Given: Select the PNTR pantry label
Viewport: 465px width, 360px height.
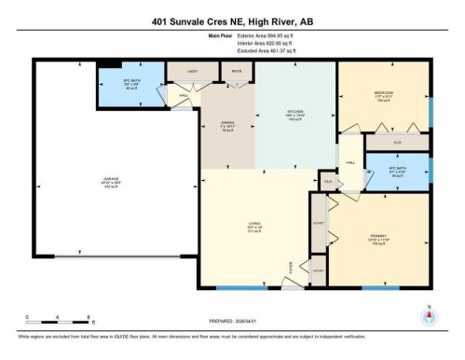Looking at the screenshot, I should pyautogui.click(x=236, y=70).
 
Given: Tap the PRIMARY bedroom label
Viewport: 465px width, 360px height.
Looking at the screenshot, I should pyautogui.click(x=378, y=236).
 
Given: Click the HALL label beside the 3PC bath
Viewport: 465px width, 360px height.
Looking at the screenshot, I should pyautogui.click(x=184, y=95).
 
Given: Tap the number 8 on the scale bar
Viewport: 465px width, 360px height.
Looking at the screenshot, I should pyautogui.click(x=87, y=318).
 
